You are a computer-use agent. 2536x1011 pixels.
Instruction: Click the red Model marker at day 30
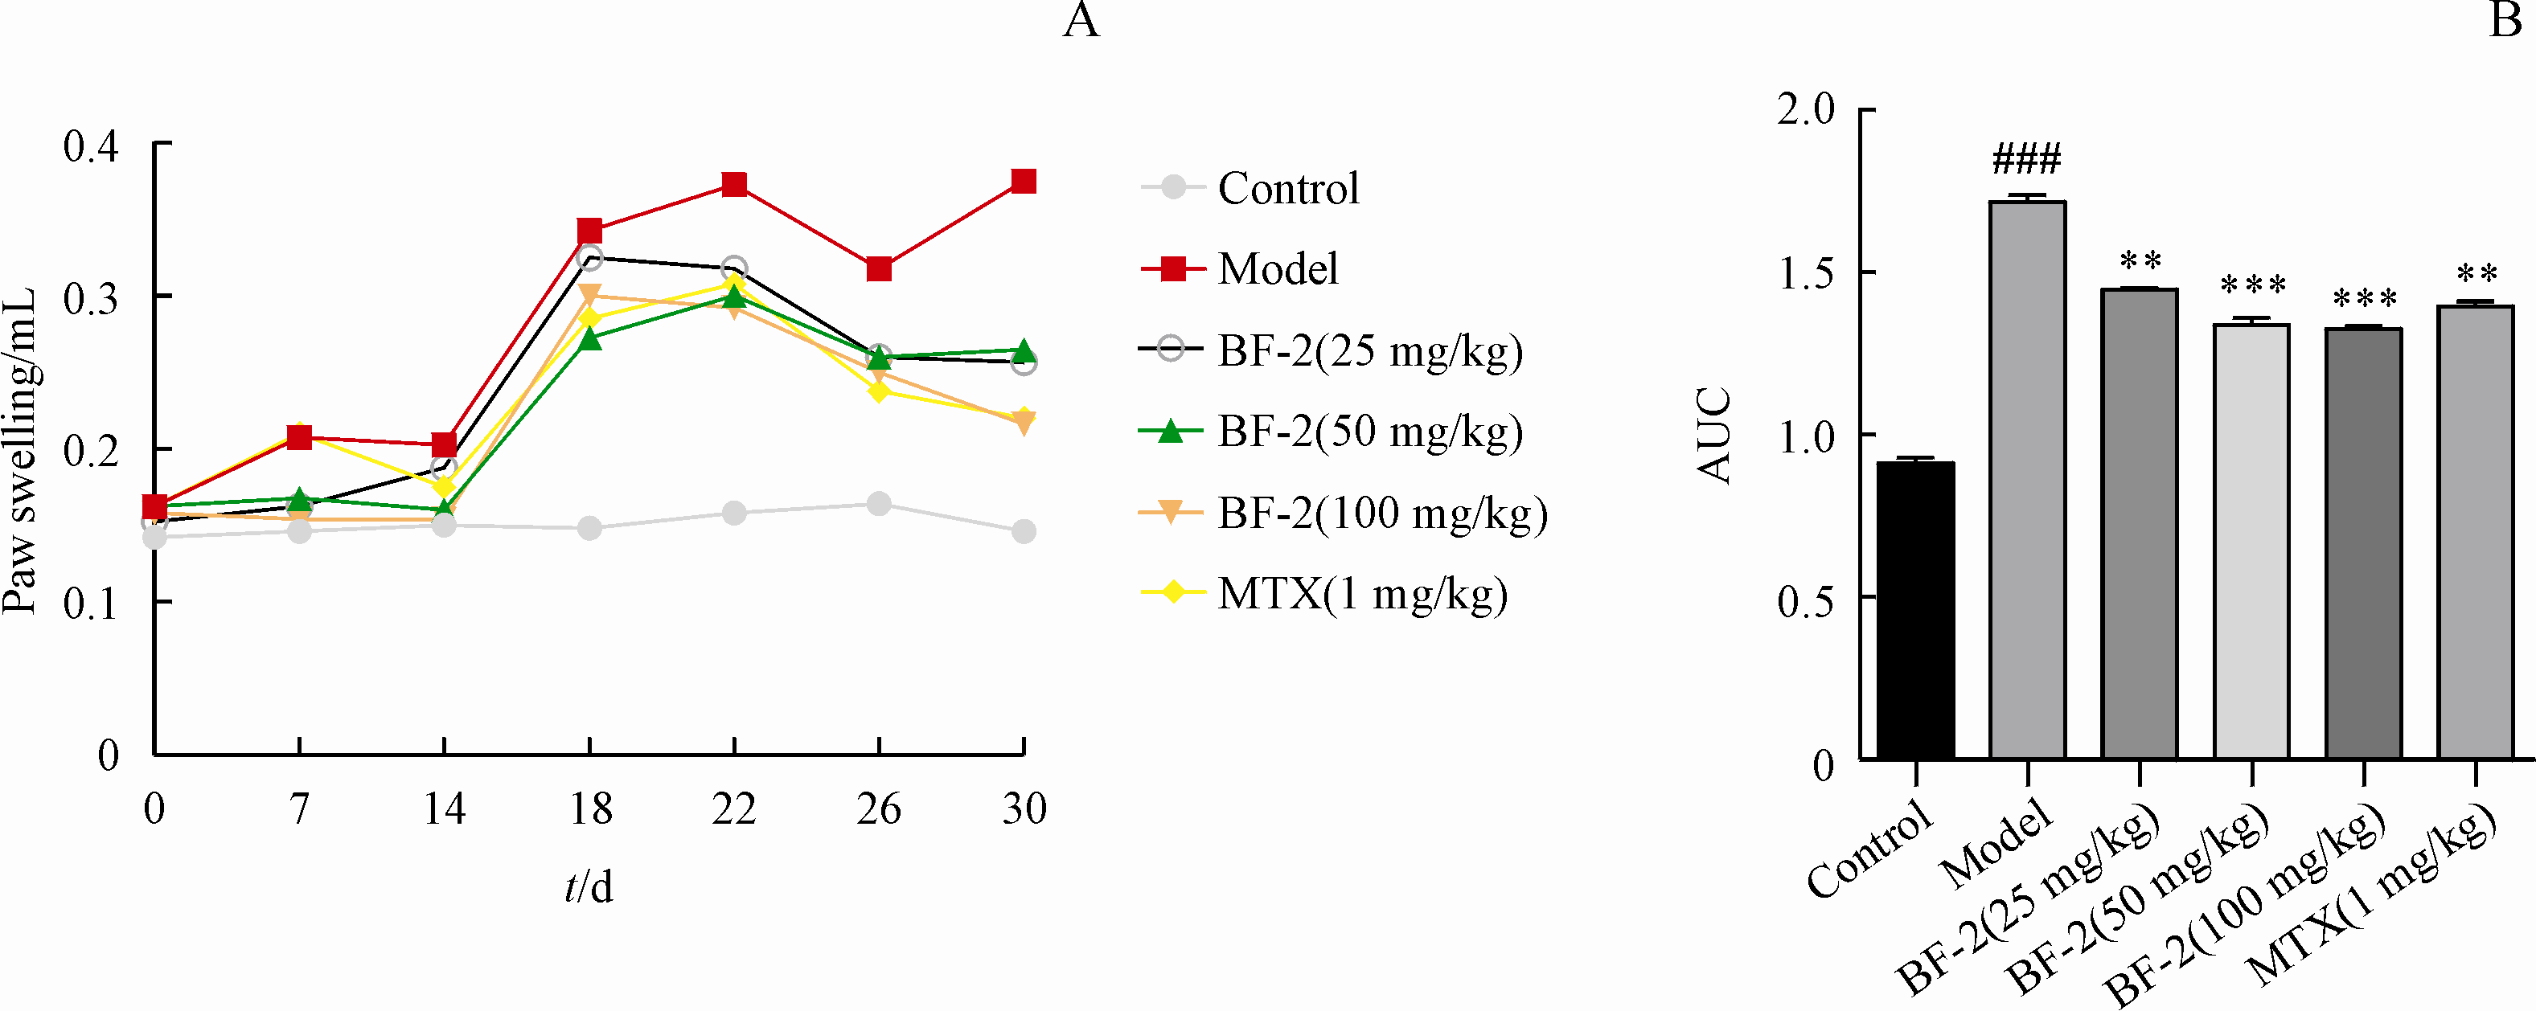(x=1024, y=181)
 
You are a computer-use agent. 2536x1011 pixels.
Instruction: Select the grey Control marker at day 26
(x=879, y=504)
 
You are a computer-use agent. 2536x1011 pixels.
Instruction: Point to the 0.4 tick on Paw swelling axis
(x=91, y=145)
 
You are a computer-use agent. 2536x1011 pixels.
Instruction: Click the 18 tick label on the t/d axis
(x=589, y=809)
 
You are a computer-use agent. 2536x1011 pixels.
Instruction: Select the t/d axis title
(x=589, y=886)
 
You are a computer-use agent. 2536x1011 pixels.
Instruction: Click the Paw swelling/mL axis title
(x=19, y=451)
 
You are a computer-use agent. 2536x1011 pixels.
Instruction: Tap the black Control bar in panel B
(x=1916, y=610)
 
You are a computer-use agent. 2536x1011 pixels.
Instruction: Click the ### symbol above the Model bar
(x=2026, y=158)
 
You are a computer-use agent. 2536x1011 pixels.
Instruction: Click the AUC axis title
(x=1715, y=435)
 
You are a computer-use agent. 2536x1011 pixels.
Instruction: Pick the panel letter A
(x=1081, y=19)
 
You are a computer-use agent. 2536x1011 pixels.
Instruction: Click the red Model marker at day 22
(x=734, y=184)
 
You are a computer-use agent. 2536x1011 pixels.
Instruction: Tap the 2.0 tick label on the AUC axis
(x=1807, y=109)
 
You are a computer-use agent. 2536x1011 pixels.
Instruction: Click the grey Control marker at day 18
(x=589, y=529)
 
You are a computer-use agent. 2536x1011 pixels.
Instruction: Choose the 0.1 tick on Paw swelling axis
(x=91, y=603)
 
